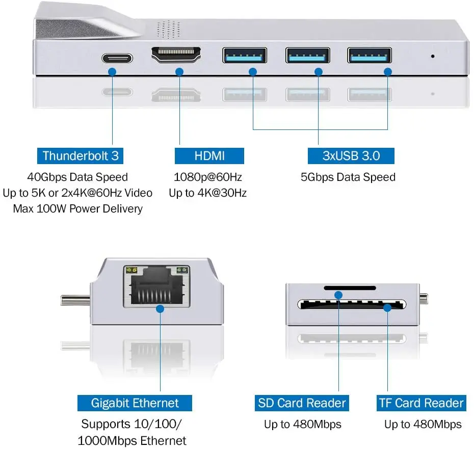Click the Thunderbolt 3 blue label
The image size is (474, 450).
(x=81, y=155)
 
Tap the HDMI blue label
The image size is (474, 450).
(x=209, y=155)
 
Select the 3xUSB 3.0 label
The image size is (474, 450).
(x=351, y=155)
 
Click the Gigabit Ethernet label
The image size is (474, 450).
(x=135, y=403)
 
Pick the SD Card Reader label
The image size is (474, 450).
(x=302, y=403)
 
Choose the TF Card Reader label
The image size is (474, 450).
(x=421, y=403)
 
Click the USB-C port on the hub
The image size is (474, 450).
(x=117, y=58)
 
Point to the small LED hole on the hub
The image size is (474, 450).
(x=433, y=56)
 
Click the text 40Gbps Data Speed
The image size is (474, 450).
(x=77, y=177)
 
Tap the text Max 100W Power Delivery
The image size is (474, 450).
(x=77, y=208)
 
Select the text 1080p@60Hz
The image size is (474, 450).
(x=208, y=177)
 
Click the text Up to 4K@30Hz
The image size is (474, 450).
(x=208, y=193)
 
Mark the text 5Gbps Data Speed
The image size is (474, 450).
(x=348, y=177)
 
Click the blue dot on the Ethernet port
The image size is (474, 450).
(x=160, y=309)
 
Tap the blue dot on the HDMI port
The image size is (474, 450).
(x=179, y=72)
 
